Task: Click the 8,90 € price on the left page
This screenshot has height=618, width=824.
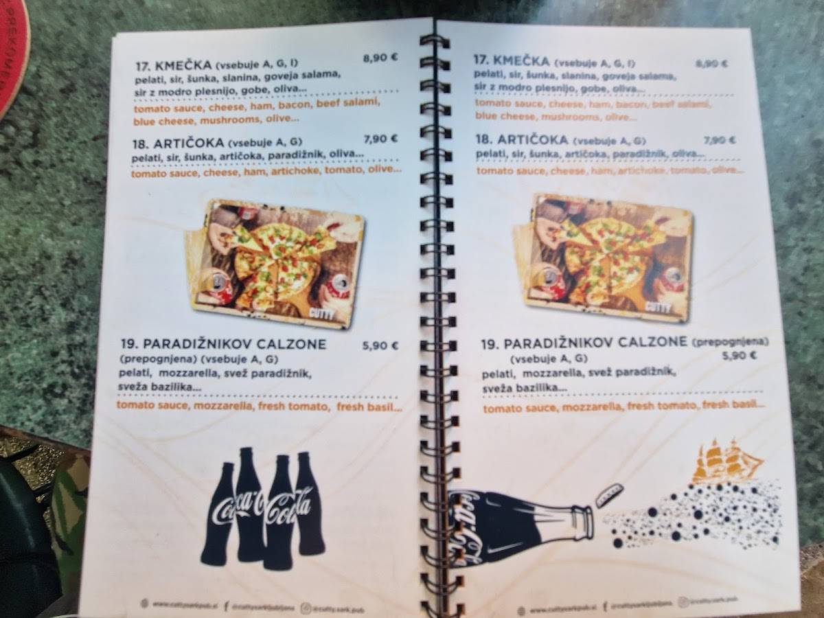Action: pos(380,58)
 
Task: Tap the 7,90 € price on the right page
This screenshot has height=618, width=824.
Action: pos(719,140)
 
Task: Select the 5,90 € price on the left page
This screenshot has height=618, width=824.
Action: pos(380,346)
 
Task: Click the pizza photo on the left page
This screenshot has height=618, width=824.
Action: pos(276,263)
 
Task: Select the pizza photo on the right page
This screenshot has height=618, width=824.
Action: pos(602,257)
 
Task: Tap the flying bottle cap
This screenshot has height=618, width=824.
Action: pos(609,494)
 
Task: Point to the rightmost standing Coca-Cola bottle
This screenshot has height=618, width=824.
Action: pos(310,505)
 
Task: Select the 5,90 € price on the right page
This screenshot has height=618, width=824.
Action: pos(739,356)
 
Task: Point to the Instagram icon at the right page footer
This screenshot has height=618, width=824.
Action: pos(683,602)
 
